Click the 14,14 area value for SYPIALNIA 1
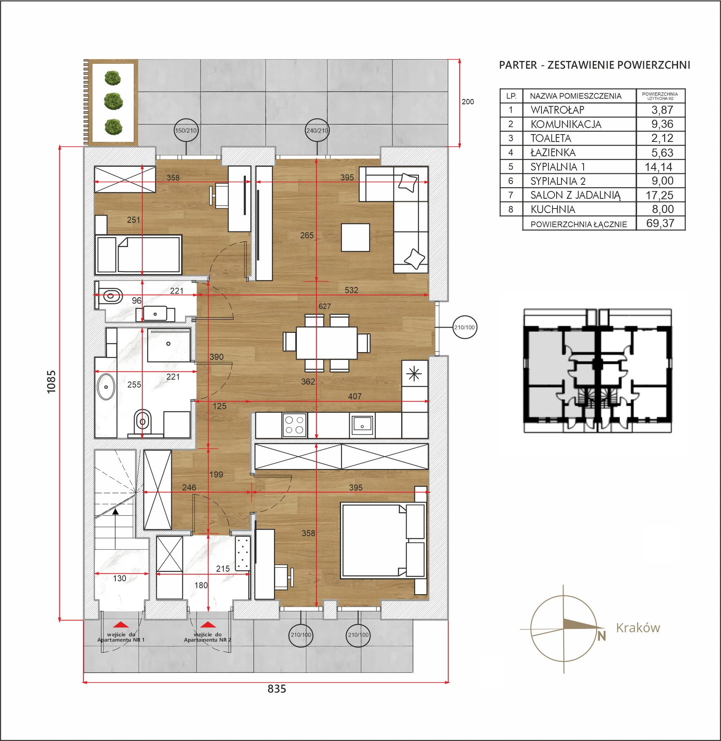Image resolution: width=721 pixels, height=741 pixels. tap(658, 167)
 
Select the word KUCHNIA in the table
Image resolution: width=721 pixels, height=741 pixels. tap(553, 209)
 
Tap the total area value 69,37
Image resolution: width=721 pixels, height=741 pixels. tap(660, 223)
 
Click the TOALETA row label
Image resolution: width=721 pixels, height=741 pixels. tap(550, 138)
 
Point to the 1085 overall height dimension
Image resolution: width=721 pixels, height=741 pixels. tap(51, 382)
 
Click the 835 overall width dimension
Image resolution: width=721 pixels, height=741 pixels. tap(277, 689)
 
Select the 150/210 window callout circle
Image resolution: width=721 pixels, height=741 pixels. tap(186, 130)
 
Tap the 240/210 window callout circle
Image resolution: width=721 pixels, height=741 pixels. tap(317, 130)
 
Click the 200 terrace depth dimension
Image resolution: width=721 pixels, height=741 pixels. tap(468, 102)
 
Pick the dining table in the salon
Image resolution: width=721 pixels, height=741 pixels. tap(326, 342)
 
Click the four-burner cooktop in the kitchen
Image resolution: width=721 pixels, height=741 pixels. tap(294, 424)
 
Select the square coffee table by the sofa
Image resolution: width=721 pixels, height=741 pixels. tap(355, 237)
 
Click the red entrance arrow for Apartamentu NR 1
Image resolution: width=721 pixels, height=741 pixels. tap(121, 624)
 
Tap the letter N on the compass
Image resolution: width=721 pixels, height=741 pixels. tap(601, 636)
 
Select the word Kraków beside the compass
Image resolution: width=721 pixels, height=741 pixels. tap(638, 628)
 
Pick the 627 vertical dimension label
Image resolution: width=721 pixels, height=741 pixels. tap(325, 306)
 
